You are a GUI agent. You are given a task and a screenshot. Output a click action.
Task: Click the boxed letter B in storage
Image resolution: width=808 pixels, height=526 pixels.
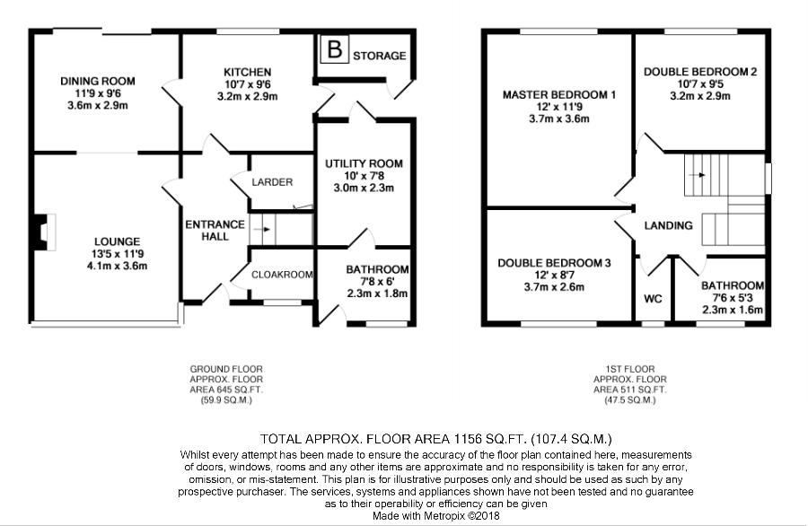[x=335, y=49]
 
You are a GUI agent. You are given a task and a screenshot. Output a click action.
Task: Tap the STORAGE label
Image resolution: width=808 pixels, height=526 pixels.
[x=379, y=56]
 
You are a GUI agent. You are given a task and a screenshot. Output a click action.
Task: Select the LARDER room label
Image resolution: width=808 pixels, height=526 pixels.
[x=272, y=182]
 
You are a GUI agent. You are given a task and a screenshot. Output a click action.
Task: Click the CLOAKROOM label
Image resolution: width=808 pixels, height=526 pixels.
[x=282, y=275]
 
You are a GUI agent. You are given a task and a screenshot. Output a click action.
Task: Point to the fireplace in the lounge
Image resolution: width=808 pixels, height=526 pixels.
[x=43, y=232]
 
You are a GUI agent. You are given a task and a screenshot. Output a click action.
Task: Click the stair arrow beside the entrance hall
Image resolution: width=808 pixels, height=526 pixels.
[x=263, y=229]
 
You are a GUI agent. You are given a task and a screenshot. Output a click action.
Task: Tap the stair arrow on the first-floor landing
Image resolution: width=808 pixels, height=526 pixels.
[x=698, y=175]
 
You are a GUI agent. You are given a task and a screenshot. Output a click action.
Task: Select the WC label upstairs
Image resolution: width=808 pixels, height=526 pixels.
[x=653, y=299]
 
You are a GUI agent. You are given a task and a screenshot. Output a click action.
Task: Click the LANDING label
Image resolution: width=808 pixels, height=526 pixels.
[x=668, y=225]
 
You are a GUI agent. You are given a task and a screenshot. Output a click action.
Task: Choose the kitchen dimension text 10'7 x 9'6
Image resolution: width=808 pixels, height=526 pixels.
[x=248, y=84]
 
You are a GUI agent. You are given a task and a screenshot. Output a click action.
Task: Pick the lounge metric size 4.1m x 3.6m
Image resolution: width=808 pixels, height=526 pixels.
[x=118, y=266]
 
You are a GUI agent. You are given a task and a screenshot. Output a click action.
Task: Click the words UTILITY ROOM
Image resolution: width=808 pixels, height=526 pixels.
[x=364, y=164]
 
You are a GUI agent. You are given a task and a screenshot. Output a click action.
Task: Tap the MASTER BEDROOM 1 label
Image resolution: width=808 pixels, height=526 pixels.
[x=559, y=95]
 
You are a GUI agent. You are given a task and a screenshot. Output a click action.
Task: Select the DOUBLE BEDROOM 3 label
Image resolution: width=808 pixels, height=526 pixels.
[x=555, y=263]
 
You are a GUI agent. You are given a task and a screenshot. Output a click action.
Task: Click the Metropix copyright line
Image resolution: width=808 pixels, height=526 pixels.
[x=436, y=516]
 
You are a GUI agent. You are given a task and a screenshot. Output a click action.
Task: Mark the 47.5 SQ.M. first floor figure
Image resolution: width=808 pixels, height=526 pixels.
[x=629, y=399]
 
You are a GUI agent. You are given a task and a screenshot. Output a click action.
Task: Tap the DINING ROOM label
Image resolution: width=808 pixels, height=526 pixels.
[x=98, y=82]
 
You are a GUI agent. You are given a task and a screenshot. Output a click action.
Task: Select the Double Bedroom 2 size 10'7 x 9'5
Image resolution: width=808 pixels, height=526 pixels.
[x=700, y=84]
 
